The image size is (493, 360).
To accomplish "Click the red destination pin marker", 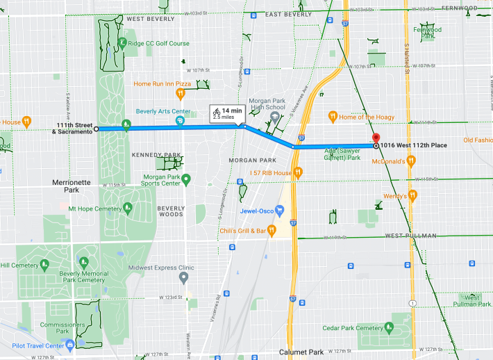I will pyautogui.click(x=376, y=138).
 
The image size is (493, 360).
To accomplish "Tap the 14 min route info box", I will pyautogui.click(x=227, y=113).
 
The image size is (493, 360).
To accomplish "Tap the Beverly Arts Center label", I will pyautogui.click(x=162, y=111).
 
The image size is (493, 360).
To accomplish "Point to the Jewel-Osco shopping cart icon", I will pyautogui.click(x=280, y=210).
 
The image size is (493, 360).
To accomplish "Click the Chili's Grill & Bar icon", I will pyautogui.click(x=271, y=230).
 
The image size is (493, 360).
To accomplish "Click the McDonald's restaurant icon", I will pyautogui.click(x=411, y=161).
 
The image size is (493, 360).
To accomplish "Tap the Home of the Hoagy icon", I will pyautogui.click(x=333, y=117).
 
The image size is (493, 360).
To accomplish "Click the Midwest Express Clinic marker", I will pyautogui.click(x=183, y=278).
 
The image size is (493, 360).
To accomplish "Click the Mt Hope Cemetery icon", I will pyautogui.click(x=127, y=208).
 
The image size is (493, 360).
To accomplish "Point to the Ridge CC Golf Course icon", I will pyautogui.click(x=122, y=43).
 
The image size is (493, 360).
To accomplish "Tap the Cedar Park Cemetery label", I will pyautogui.click(x=353, y=328).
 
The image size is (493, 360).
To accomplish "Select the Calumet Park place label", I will pyautogui.click(x=303, y=352).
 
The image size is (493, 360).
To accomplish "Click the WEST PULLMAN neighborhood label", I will pyautogui.click(x=411, y=236).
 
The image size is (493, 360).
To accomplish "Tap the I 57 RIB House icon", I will pyautogui.click(x=297, y=172).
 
